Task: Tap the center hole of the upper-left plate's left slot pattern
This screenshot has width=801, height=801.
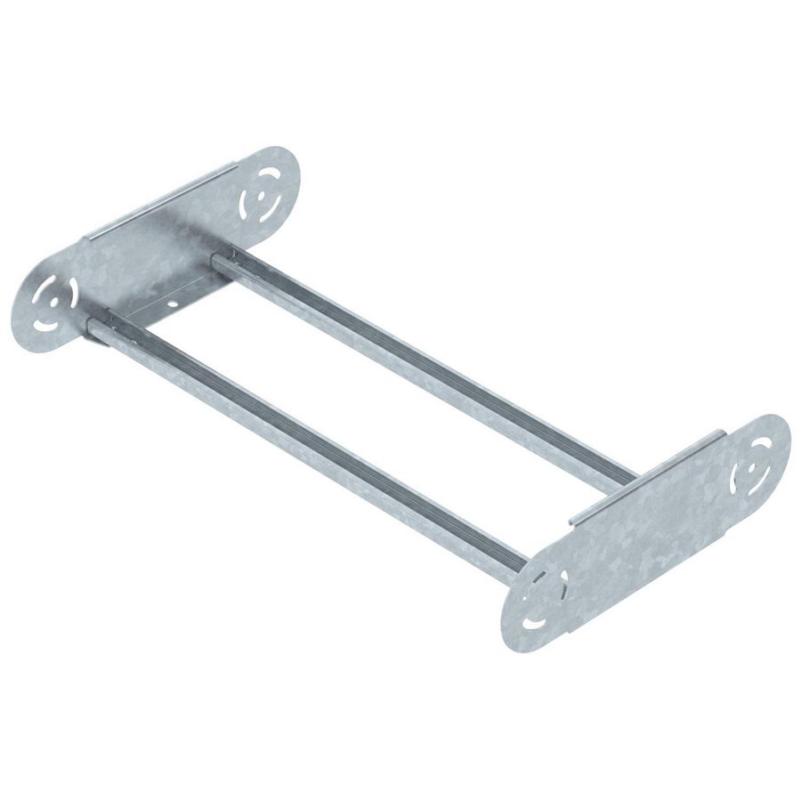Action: (53, 299)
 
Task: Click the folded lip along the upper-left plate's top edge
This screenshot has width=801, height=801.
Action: (160, 200)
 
